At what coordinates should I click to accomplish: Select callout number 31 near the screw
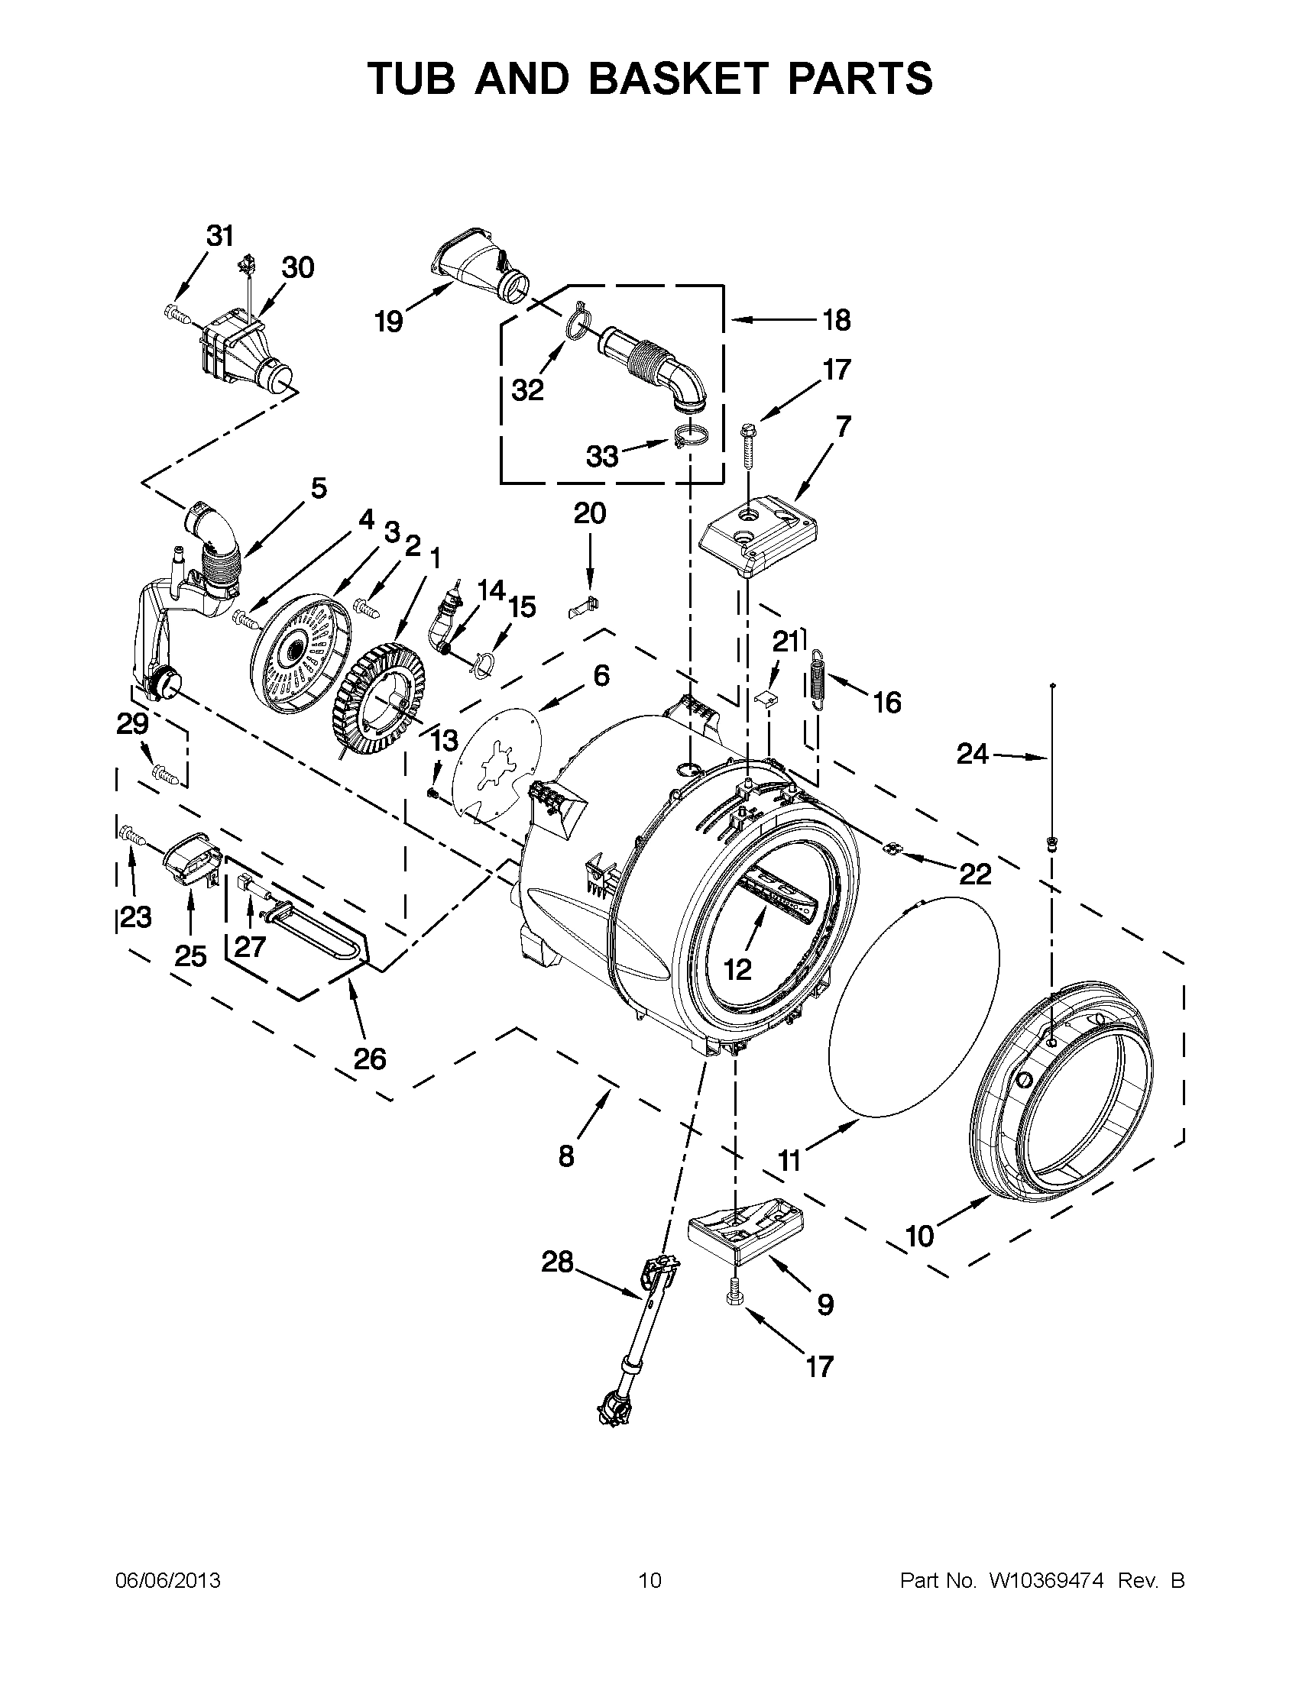point(220,235)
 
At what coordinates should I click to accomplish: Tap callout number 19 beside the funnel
point(389,321)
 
